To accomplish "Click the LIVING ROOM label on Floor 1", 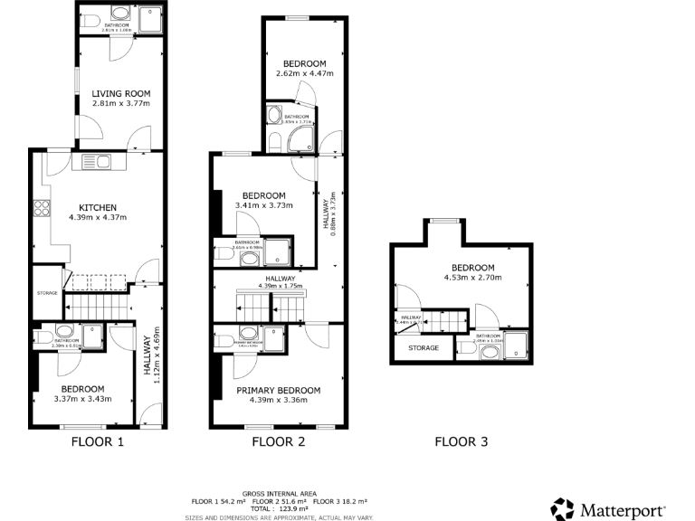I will click(x=120, y=93).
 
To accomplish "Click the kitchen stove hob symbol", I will click(x=42, y=209).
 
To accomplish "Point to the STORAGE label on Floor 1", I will click(x=47, y=293).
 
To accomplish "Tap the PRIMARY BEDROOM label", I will click(x=278, y=390).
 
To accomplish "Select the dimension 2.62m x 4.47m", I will click(x=304, y=73).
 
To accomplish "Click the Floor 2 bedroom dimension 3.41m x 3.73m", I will click(x=263, y=206).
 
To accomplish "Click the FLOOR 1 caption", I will click(x=97, y=442).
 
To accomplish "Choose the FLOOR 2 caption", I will click(x=278, y=442).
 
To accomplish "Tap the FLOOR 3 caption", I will click(x=461, y=442).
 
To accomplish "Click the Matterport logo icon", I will click(x=562, y=507).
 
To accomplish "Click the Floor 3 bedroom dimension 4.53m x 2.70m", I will click(x=473, y=278).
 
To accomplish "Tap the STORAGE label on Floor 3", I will click(x=423, y=348).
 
